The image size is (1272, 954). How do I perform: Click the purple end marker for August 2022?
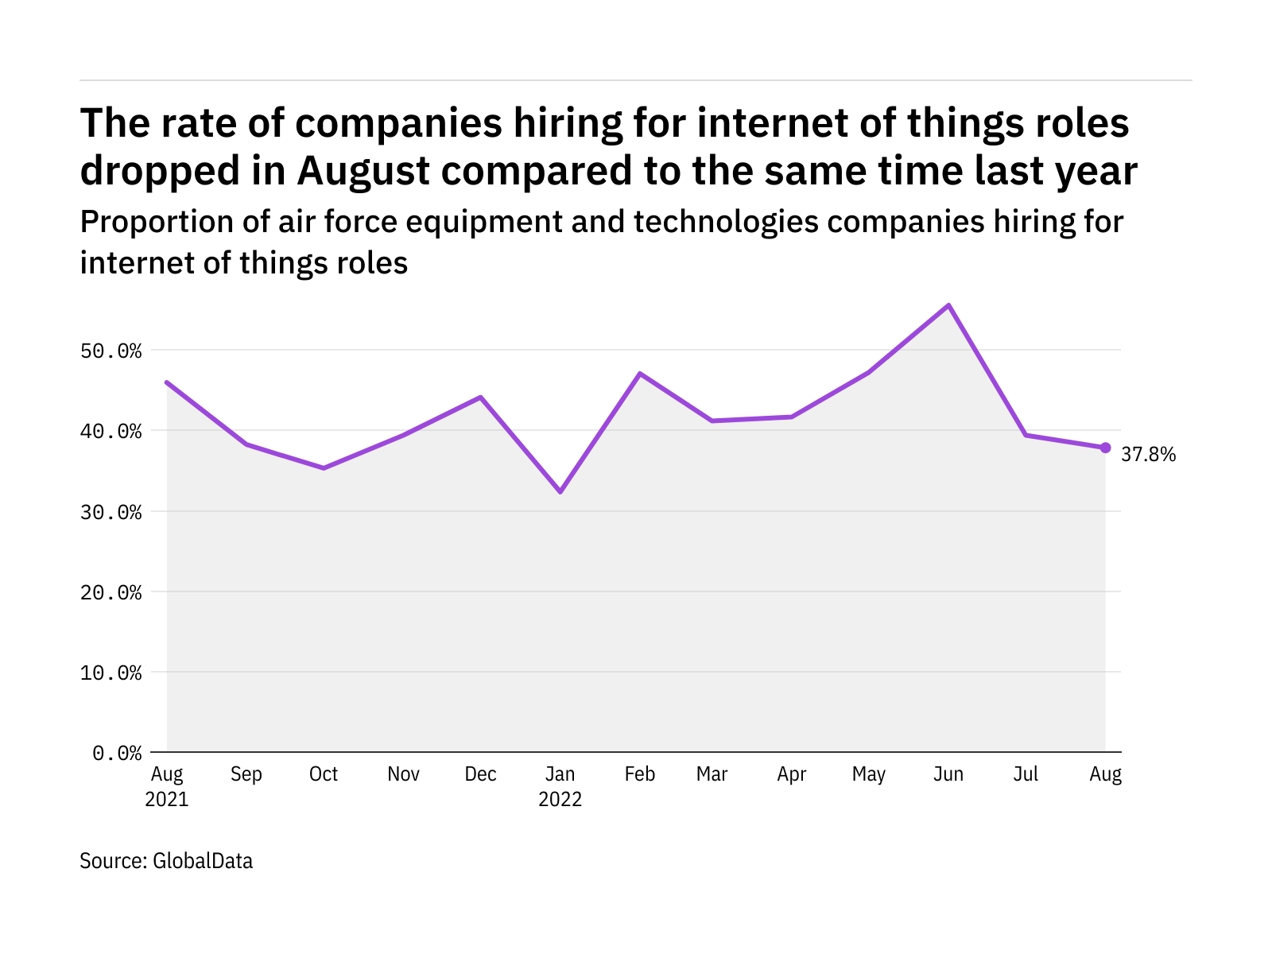coord(1105,448)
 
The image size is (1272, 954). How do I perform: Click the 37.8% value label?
coord(1148,455)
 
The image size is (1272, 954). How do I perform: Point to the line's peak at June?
coord(948,305)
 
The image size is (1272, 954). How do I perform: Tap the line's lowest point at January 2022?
coord(560,492)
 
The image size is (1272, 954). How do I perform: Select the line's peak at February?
coord(640,373)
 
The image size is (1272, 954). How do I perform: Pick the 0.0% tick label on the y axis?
coord(117,753)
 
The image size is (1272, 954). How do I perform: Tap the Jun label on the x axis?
coord(948,774)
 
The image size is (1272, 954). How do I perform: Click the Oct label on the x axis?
coord(324,774)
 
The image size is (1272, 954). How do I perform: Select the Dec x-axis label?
coord(480,774)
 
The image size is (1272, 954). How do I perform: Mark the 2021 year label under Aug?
coord(167,799)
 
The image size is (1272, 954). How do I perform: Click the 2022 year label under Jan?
coord(560,799)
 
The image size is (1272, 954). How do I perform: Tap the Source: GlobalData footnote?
coord(166,861)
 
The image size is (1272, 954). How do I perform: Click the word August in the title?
coord(363,171)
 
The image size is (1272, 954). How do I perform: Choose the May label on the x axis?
coord(868,774)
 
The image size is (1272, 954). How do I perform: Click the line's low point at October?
coord(324,467)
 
